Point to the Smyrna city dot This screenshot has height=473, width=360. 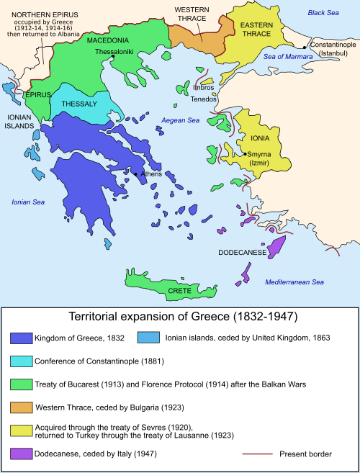click(246, 154)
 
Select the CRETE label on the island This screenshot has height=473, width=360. click(179, 290)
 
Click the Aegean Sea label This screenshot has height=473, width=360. click(180, 120)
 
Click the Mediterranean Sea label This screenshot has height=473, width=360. click(295, 281)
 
